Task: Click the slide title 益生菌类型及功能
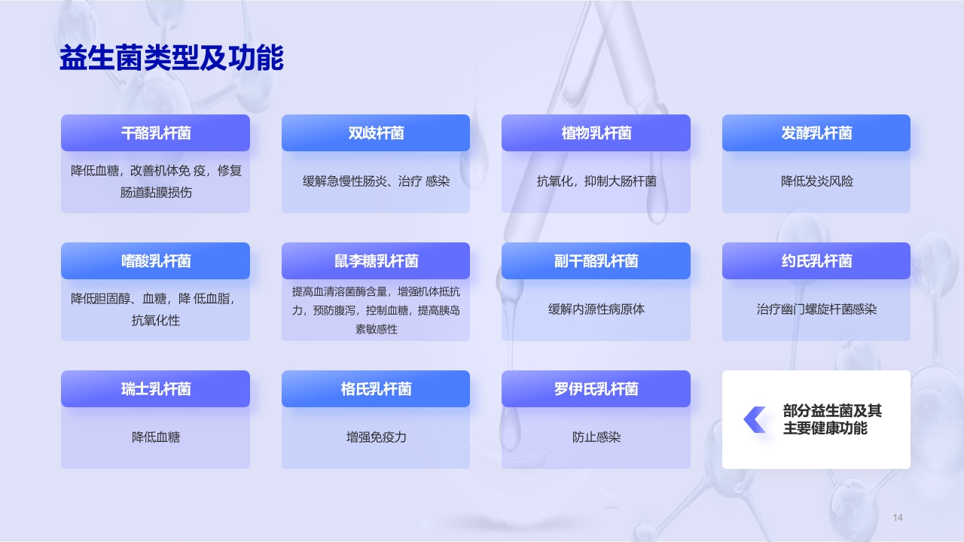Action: click(x=171, y=58)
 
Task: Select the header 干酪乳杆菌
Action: click(x=155, y=133)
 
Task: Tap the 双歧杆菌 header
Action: click(x=376, y=133)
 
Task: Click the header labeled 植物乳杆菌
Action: click(x=596, y=133)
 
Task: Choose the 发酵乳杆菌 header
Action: click(x=816, y=133)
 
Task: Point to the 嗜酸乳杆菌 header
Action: click(x=155, y=261)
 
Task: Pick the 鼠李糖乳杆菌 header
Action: click(x=376, y=261)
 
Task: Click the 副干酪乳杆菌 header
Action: click(x=596, y=261)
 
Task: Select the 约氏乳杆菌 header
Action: click(x=816, y=261)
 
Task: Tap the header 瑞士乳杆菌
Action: click(x=155, y=389)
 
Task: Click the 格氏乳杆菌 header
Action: click(x=376, y=389)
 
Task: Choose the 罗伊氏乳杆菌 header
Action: click(x=596, y=389)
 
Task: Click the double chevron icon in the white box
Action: click(x=755, y=420)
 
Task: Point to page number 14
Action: click(x=897, y=517)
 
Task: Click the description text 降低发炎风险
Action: click(x=816, y=181)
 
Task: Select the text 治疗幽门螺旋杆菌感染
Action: click(x=816, y=309)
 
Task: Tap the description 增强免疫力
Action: click(x=376, y=437)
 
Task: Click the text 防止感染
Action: click(x=596, y=437)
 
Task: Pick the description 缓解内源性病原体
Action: click(x=596, y=309)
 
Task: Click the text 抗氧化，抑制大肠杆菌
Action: click(x=596, y=181)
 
